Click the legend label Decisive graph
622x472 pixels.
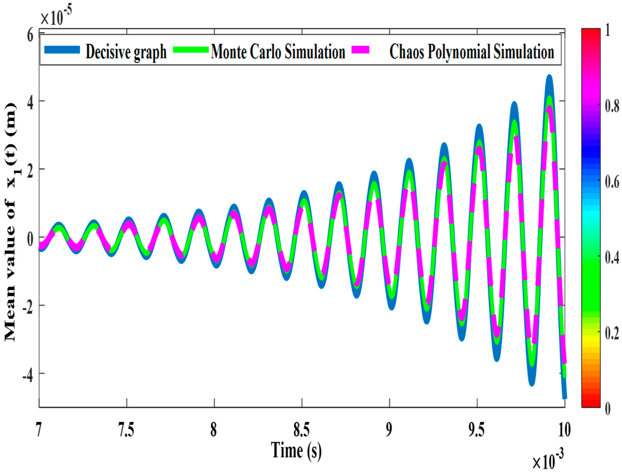pos(126,52)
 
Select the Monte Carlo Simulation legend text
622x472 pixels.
pos(278,52)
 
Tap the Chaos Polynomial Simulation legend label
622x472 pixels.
pos(472,52)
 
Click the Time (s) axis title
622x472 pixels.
pos(296,450)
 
